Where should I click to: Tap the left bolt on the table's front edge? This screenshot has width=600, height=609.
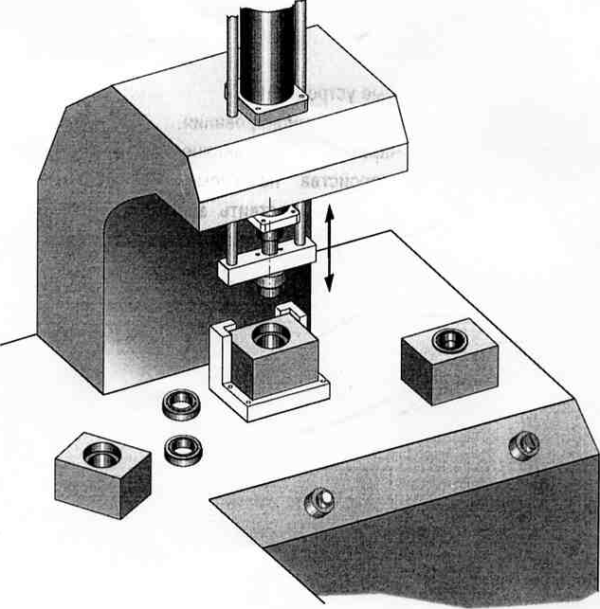coord(319,499)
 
